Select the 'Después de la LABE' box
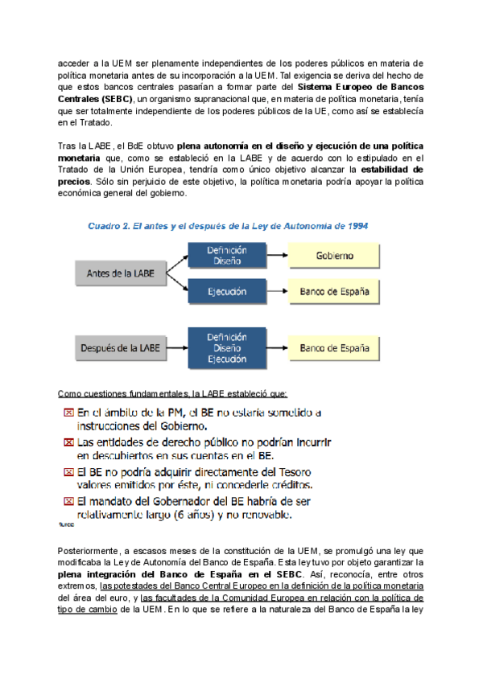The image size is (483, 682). click(x=122, y=348)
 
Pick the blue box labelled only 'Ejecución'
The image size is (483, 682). click(x=226, y=292)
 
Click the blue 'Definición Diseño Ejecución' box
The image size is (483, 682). click(x=226, y=348)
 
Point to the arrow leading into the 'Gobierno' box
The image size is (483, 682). click(x=275, y=257)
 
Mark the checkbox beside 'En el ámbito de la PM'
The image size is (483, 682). click(x=70, y=413)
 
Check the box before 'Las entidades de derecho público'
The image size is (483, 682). click(x=70, y=442)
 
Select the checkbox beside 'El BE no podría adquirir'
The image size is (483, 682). click(x=70, y=471)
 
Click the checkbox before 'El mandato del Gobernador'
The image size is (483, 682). click(x=70, y=501)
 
